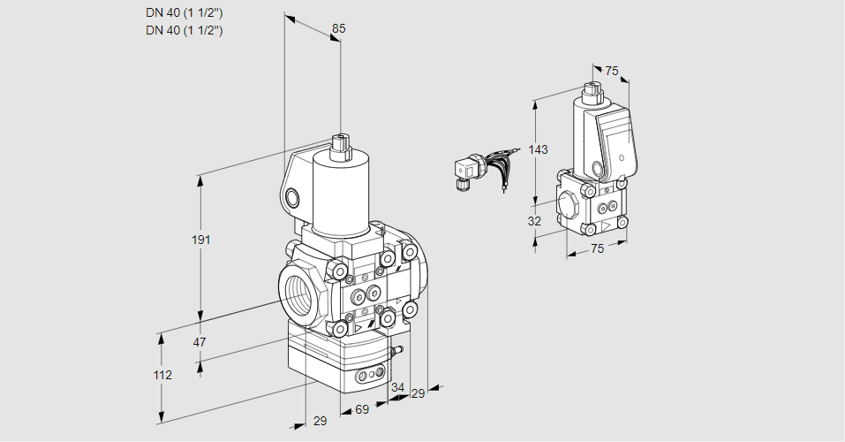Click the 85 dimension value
(x=338, y=28)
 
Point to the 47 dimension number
(x=200, y=342)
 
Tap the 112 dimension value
(x=162, y=375)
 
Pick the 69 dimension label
(x=362, y=411)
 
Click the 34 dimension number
(x=397, y=387)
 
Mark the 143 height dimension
(x=538, y=149)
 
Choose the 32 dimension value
(x=534, y=221)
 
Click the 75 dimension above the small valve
(x=612, y=71)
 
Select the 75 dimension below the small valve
(x=597, y=249)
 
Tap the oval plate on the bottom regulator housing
(x=371, y=377)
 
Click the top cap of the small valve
(x=592, y=89)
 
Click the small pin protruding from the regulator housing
(x=396, y=352)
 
